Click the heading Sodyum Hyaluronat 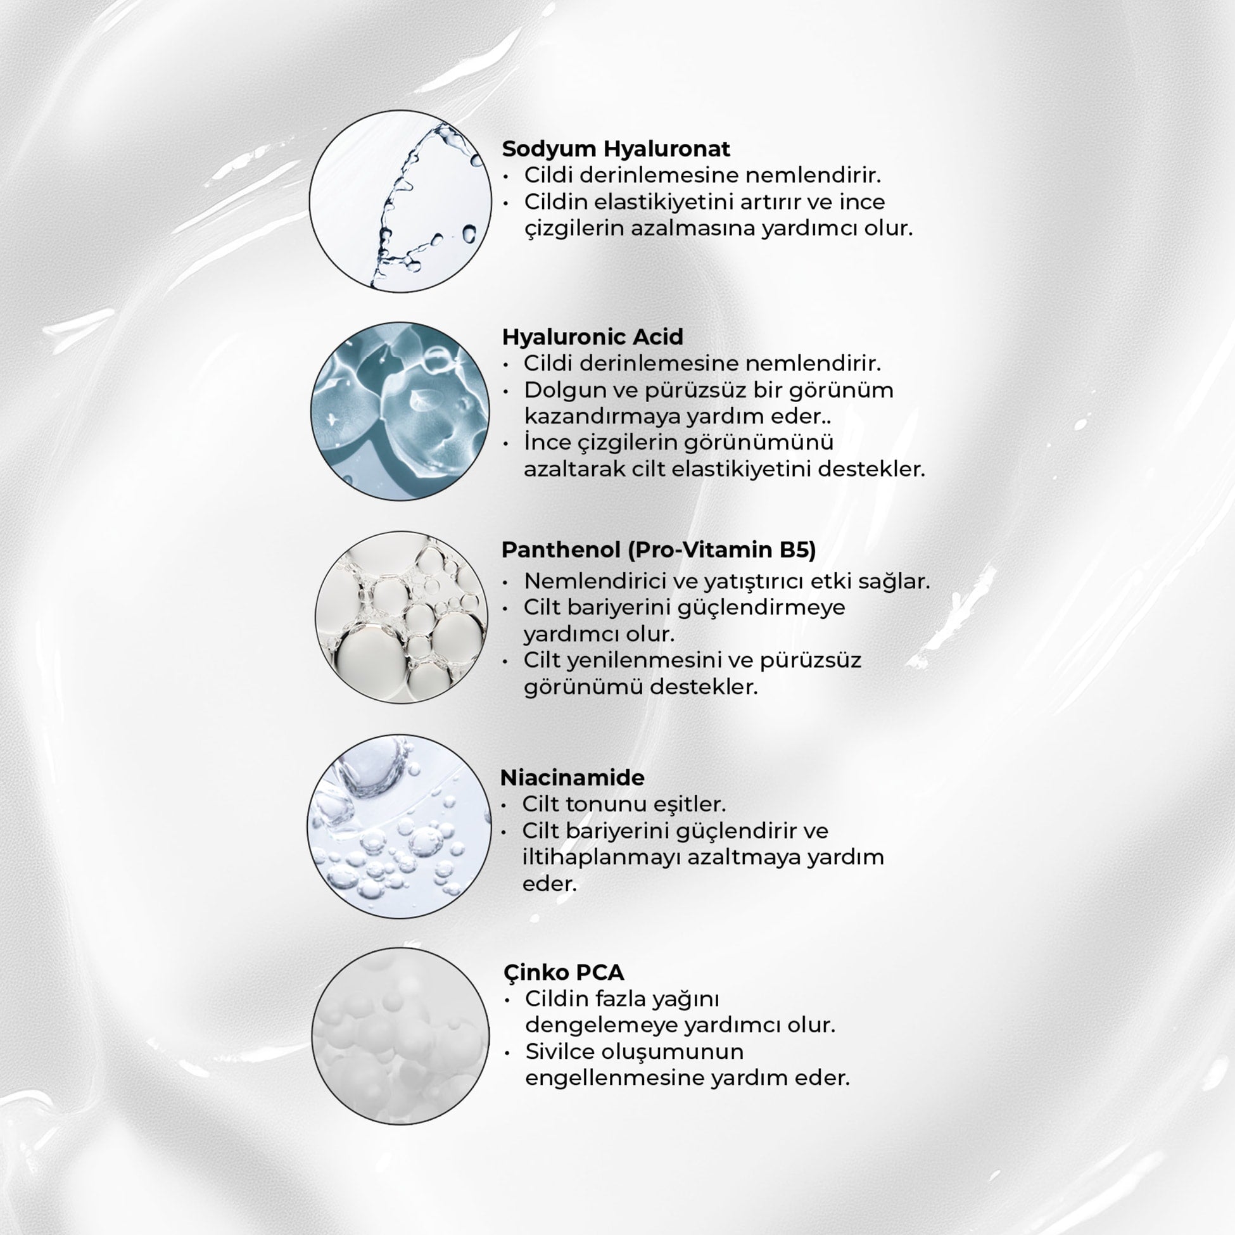tap(616, 149)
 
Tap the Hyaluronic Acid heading tap(592, 337)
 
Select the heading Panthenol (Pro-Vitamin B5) tap(659, 550)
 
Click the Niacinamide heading tap(572, 778)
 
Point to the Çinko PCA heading tap(563, 972)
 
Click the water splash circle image tap(401, 201)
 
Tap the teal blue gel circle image tap(400, 411)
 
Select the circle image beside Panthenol tap(402, 617)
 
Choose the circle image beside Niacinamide tap(400, 826)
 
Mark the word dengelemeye tap(601, 1025)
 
